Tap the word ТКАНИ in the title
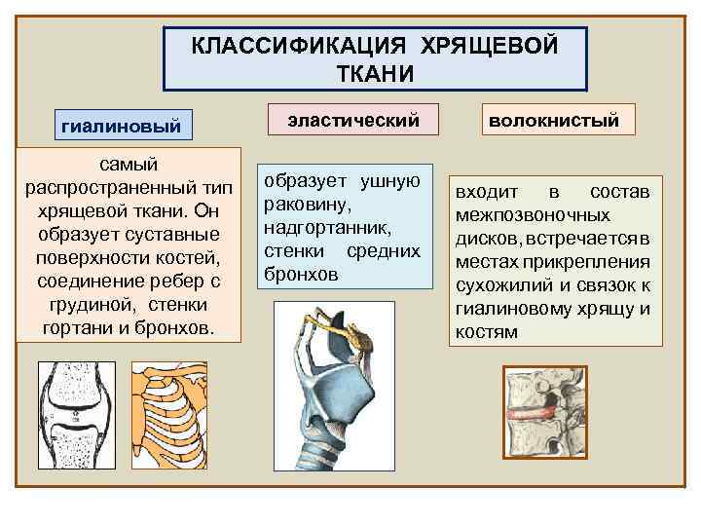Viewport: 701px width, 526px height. [x=375, y=74]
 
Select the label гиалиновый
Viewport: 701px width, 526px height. [x=122, y=127]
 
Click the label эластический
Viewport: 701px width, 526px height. [x=353, y=121]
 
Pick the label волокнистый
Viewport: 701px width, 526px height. [x=554, y=121]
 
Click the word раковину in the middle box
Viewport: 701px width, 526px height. [x=301, y=205]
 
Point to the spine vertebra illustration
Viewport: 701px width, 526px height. [x=545, y=410]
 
